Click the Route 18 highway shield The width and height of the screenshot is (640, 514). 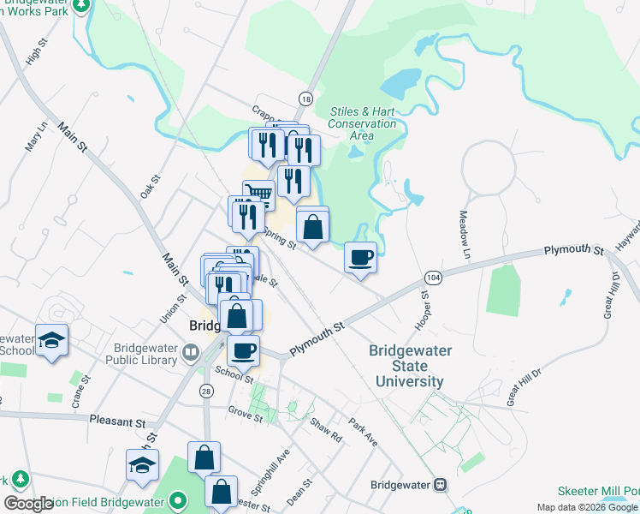coord(305,99)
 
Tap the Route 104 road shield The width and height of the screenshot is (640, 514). coord(433,279)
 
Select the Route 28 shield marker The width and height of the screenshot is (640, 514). coord(206,391)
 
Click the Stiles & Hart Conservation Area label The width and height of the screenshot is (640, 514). coord(363,123)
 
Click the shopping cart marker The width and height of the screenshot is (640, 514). coord(258,194)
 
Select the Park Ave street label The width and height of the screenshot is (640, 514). coord(363,431)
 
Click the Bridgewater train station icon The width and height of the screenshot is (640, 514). coord(441,484)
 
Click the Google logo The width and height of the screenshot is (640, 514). coord(28,505)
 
